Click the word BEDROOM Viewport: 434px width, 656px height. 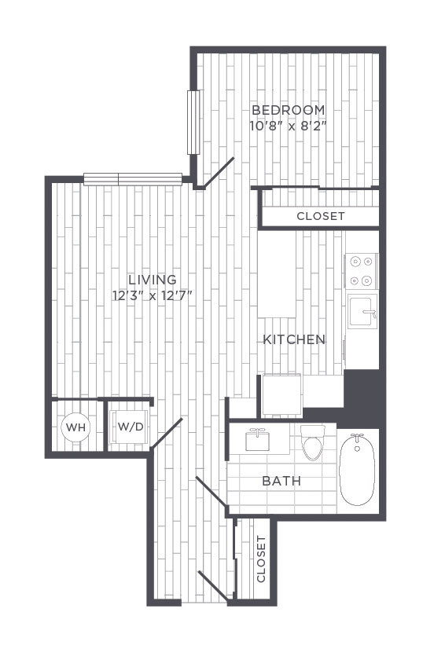(289, 111)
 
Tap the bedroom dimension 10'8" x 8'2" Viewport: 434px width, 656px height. (288, 126)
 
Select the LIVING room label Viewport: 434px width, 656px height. (153, 280)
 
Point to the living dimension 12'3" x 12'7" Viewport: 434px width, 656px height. (153, 295)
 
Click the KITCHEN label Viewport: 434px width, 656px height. (294, 339)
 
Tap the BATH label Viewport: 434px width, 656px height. (281, 481)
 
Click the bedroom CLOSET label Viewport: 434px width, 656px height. (321, 216)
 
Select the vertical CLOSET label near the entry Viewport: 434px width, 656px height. (261, 559)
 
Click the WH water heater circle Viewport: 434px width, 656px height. (75, 427)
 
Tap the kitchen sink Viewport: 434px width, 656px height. (363, 311)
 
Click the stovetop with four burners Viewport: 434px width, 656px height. (361, 271)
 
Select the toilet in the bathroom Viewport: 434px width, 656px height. (314, 442)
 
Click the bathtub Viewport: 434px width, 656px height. (357, 469)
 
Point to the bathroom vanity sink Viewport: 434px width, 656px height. (257, 440)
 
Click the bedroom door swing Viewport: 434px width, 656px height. (218, 171)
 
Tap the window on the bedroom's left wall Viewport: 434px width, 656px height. (193, 122)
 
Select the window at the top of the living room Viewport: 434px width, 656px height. (133, 179)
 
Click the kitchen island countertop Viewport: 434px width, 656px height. (277, 273)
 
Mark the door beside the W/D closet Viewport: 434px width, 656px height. (167, 433)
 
